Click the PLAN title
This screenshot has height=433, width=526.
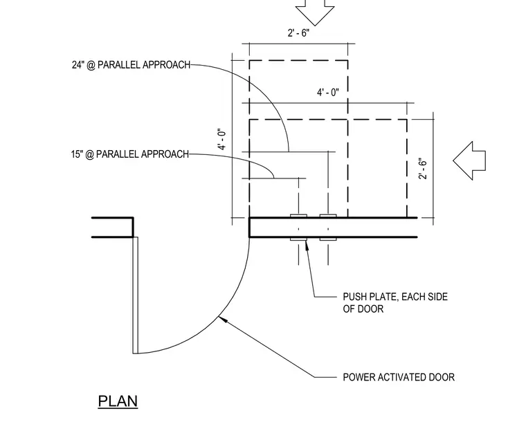tap(118, 401)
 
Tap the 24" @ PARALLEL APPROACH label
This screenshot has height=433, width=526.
tap(131, 65)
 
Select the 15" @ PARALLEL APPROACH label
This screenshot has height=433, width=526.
tap(130, 154)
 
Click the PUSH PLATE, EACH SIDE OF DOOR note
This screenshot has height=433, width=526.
tap(395, 303)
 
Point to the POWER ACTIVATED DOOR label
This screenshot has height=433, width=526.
tap(399, 378)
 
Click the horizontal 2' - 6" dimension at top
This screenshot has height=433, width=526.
tap(298, 33)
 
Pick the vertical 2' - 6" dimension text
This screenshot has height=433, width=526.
tap(423, 169)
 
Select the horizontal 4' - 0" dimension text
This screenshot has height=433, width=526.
tap(328, 92)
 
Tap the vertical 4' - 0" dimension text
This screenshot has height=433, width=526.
tap(221, 139)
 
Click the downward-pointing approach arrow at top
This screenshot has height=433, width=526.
tap(315, 12)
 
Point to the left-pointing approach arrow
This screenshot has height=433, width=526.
tap(469, 161)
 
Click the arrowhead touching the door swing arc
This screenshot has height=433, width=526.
tap(222, 319)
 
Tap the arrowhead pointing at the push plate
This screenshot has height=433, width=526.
tap(307, 244)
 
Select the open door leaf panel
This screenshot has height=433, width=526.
tap(136, 295)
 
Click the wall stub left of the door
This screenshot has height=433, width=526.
tap(113, 228)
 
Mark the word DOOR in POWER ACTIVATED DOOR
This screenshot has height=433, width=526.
tap(442, 378)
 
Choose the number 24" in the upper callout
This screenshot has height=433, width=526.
tap(78, 65)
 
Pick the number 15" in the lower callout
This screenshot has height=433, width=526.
tap(77, 154)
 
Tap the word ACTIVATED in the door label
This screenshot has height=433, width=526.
tap(402, 378)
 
